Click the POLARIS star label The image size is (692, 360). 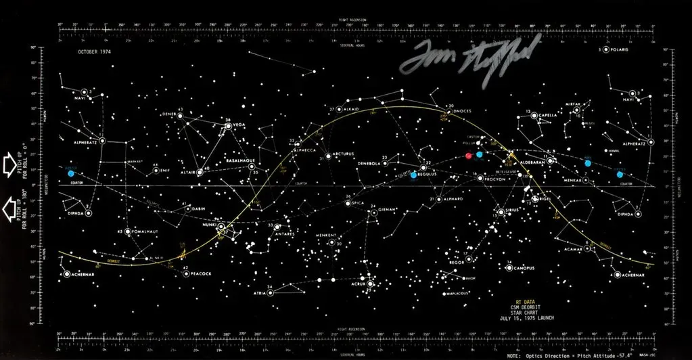(x=618, y=51)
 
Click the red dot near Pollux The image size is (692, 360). (x=469, y=155)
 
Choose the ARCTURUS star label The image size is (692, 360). (x=343, y=154)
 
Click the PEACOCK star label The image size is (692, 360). (x=201, y=273)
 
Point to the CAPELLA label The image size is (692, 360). (x=547, y=115)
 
